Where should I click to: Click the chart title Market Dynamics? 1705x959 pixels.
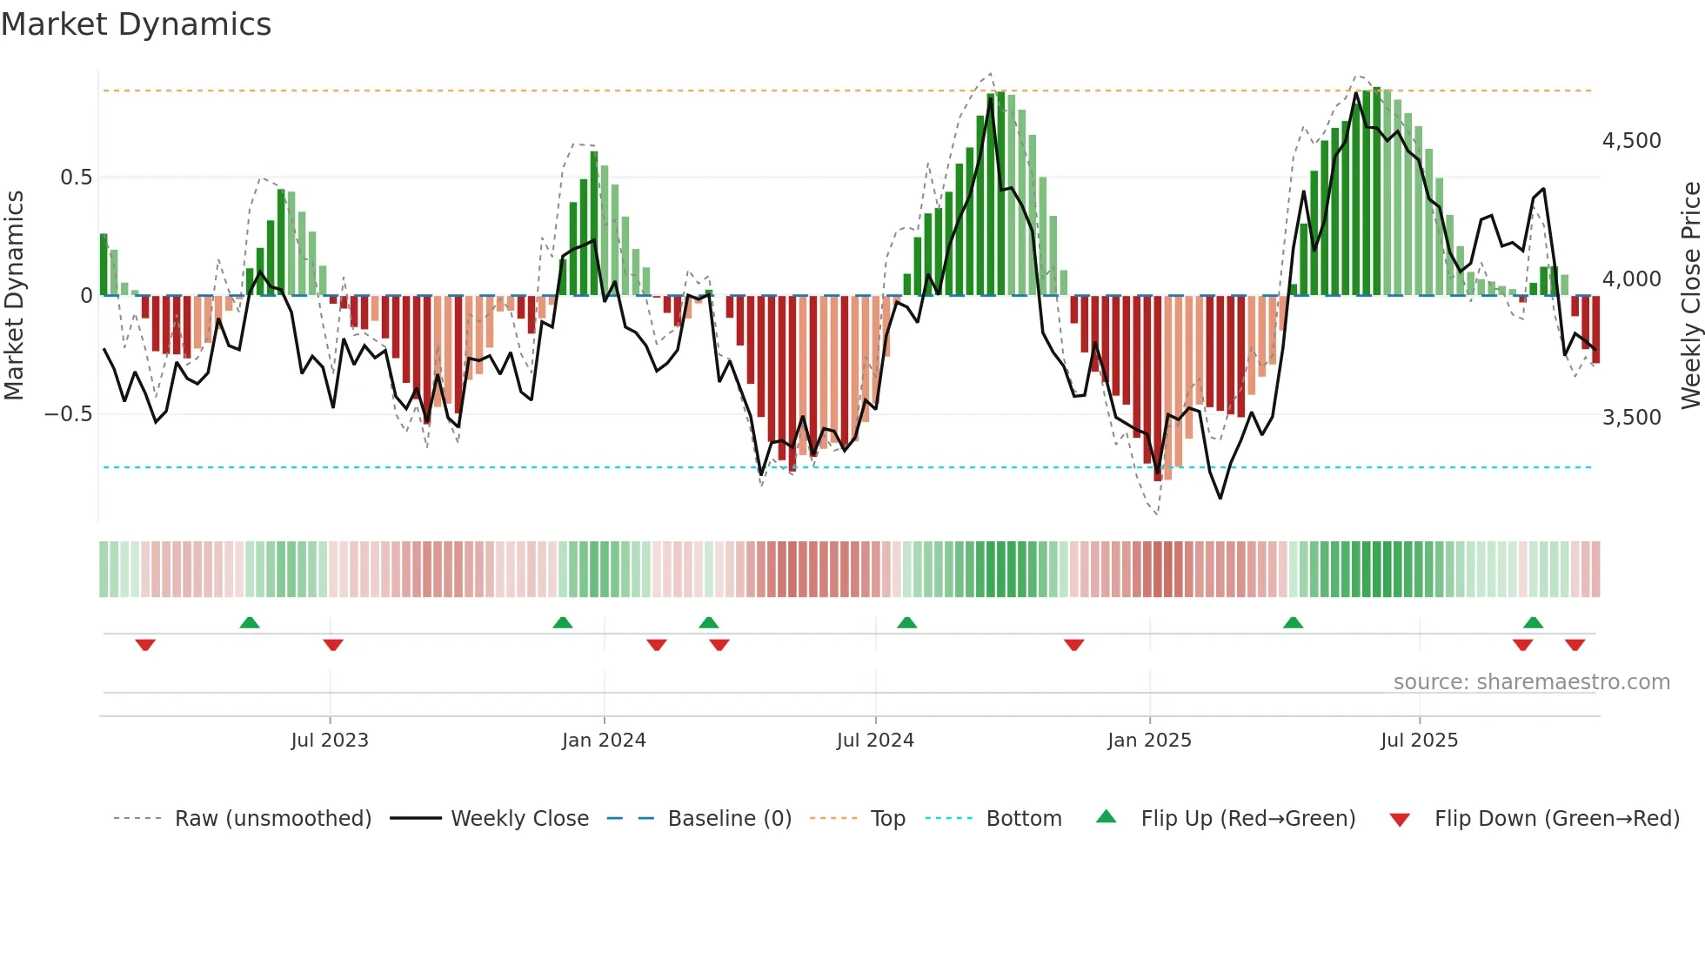tap(136, 24)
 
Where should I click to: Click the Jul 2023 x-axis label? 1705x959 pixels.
tap(330, 741)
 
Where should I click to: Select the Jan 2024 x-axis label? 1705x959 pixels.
tap(604, 741)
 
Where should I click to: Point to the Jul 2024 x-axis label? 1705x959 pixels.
tap(875, 741)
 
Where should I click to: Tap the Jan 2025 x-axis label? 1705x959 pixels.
tap(1149, 741)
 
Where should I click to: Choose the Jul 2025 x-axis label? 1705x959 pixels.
tap(1419, 741)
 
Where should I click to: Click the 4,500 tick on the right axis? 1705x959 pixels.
tap(1631, 141)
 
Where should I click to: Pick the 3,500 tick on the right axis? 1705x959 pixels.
tap(1631, 418)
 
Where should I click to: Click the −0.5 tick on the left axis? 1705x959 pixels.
tap(68, 414)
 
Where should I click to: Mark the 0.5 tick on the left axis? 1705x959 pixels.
tap(76, 178)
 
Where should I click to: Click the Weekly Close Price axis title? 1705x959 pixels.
tap(1690, 295)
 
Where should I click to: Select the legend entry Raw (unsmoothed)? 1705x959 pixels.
tap(272, 819)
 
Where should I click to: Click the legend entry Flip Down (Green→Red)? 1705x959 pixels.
tap(1556, 819)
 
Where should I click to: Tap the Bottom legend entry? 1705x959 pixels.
tap(1023, 819)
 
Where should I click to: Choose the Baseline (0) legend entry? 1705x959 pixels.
tap(729, 819)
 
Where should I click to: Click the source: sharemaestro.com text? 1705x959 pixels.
tap(1531, 682)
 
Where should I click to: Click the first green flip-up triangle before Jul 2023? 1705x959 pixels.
tap(250, 622)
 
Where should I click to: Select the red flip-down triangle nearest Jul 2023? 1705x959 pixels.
tap(333, 645)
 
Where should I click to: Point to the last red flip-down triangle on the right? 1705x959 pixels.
tap(1575, 645)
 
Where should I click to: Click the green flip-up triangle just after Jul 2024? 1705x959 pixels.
tap(906, 622)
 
